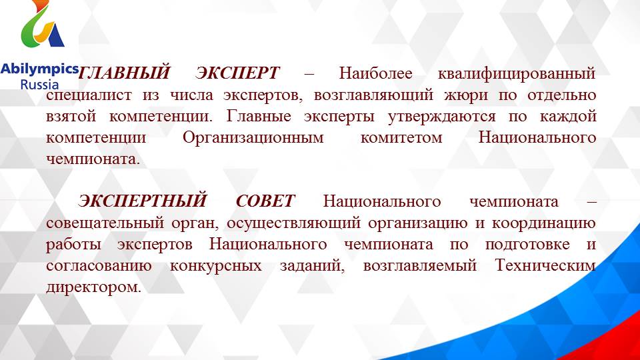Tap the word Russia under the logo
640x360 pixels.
tap(39, 85)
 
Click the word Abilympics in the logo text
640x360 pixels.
tap(39, 69)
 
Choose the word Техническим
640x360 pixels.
tap(545, 266)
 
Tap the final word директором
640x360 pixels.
tap(94, 288)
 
